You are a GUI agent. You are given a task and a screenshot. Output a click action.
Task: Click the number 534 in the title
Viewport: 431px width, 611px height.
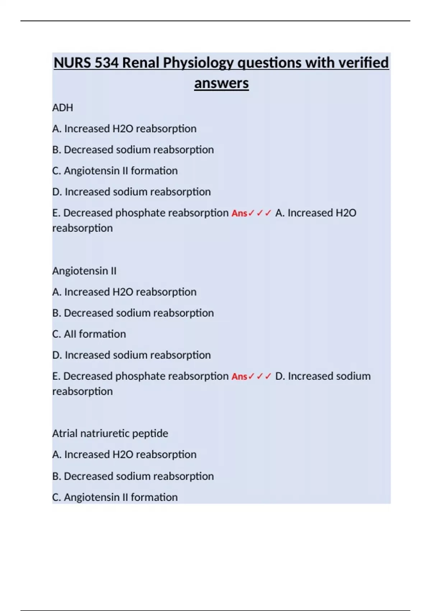[x=106, y=63]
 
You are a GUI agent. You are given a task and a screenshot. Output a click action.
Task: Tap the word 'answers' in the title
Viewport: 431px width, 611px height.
[x=221, y=83]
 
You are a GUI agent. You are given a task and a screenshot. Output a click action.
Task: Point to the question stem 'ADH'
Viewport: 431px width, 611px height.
[x=62, y=108]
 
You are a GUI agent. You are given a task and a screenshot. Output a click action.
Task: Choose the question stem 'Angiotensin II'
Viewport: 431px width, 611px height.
[x=84, y=271]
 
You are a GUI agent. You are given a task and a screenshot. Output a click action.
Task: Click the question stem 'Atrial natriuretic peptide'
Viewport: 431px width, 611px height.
[x=110, y=433]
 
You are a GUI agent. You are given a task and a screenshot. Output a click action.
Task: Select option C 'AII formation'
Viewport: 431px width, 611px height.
[x=89, y=334]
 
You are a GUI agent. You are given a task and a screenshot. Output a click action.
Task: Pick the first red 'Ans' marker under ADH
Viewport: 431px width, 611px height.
[x=240, y=213]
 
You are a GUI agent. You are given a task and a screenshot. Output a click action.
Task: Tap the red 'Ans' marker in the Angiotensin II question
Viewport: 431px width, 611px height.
[x=240, y=377]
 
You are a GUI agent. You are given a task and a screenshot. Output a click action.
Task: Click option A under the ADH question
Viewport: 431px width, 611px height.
[x=124, y=129]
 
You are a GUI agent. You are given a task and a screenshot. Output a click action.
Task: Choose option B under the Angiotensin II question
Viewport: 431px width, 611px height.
[x=133, y=313]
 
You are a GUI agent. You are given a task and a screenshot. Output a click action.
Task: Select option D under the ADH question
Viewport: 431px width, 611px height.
[x=131, y=192]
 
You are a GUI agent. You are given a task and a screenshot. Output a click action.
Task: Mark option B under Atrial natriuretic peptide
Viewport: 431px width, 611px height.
[x=133, y=476]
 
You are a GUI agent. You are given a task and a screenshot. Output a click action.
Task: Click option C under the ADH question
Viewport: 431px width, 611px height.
[x=115, y=171]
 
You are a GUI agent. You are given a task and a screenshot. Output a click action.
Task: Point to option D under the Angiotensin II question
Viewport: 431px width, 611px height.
[x=131, y=355]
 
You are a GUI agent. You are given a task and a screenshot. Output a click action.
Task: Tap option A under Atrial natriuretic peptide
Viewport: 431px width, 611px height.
[x=124, y=455]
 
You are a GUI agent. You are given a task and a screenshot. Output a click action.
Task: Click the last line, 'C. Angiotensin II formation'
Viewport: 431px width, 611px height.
[x=115, y=497]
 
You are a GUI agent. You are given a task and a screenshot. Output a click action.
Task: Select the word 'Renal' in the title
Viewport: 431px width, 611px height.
[x=141, y=63]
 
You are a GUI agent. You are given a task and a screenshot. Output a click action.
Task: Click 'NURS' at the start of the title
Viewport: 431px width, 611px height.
[x=72, y=63]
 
